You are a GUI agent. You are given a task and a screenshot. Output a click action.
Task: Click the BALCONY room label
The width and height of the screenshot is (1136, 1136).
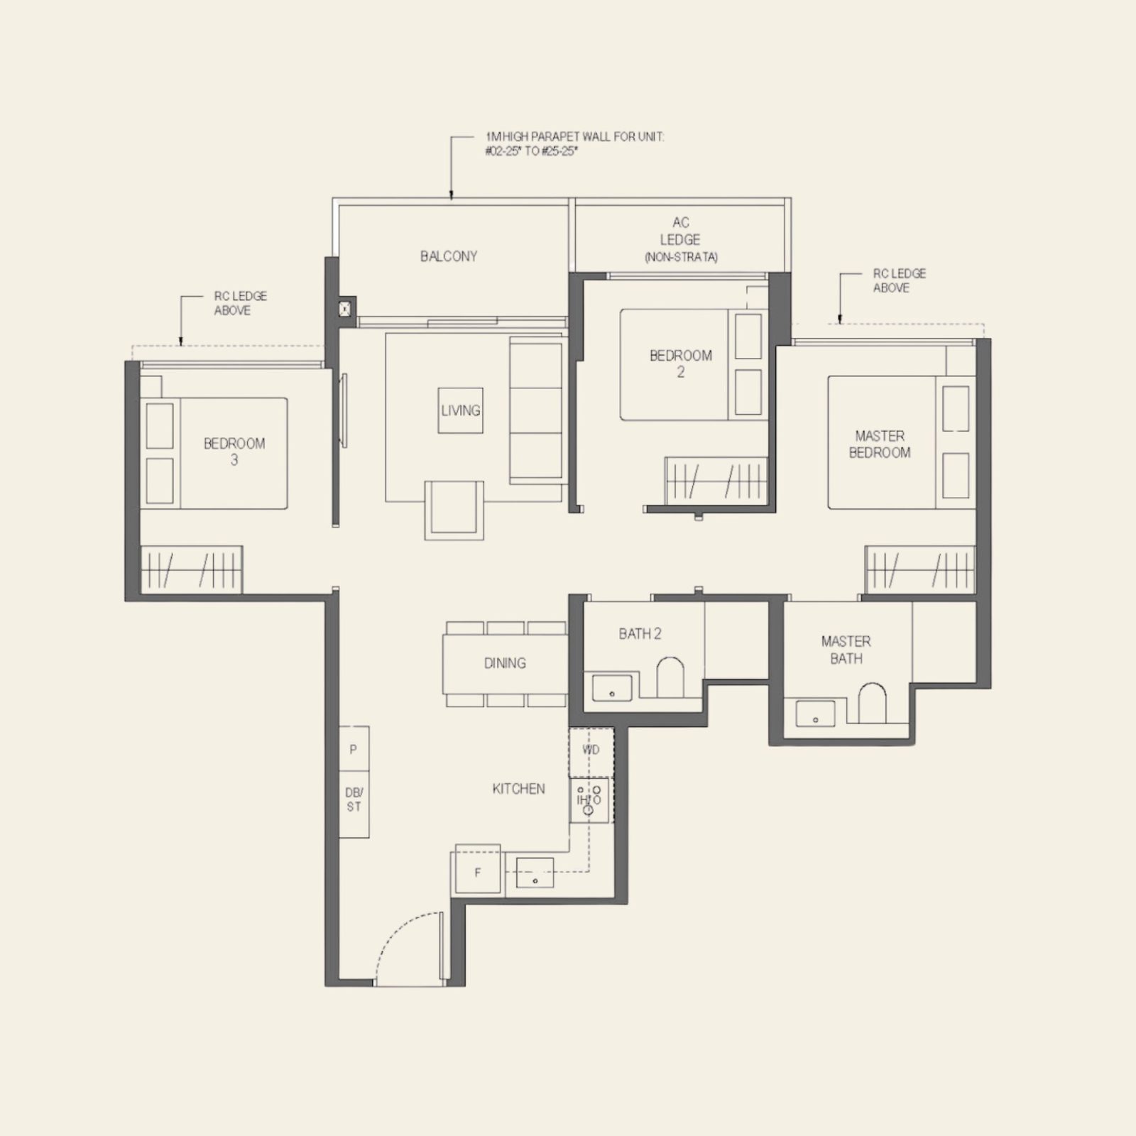(x=448, y=256)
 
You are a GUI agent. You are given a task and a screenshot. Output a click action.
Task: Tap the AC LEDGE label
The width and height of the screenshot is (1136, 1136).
(x=680, y=239)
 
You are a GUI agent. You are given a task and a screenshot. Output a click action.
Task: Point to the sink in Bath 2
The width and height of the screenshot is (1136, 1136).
(x=611, y=687)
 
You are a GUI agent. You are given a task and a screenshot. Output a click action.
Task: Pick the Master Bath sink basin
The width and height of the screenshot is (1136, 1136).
(x=815, y=713)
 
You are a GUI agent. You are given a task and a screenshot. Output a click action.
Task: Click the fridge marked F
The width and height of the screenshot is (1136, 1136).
(x=477, y=871)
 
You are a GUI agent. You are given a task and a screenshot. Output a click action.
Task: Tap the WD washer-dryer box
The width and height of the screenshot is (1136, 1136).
(x=591, y=750)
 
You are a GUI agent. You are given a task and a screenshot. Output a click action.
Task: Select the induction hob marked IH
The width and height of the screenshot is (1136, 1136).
(x=589, y=799)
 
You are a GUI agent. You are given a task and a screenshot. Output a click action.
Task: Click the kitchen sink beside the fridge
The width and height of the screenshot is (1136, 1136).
(x=535, y=873)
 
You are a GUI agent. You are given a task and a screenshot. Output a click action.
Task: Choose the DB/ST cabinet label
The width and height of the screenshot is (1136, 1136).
(x=354, y=799)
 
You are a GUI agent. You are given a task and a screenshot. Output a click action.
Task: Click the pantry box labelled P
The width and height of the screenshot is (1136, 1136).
(x=354, y=749)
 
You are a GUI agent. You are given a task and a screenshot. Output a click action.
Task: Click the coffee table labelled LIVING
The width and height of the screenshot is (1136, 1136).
(x=460, y=410)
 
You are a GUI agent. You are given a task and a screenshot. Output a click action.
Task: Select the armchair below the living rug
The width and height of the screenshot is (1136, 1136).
(x=454, y=510)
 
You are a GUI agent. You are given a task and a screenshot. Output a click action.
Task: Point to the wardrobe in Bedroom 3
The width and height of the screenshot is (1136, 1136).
(x=192, y=569)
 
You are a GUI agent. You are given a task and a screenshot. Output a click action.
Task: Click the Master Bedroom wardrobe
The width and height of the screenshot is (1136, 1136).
(x=919, y=569)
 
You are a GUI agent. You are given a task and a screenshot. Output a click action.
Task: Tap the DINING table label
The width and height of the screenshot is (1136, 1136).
(x=505, y=663)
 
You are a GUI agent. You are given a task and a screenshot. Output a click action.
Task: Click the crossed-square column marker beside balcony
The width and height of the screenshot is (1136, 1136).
(x=345, y=308)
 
